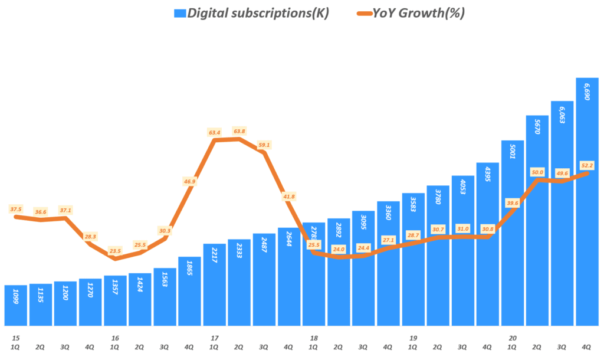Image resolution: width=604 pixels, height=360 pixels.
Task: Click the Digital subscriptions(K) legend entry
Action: click(253, 14)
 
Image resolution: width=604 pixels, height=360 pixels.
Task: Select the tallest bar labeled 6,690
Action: click(587, 201)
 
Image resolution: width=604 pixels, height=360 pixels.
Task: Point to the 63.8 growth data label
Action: click(239, 131)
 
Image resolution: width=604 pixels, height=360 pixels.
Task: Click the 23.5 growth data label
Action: click(116, 251)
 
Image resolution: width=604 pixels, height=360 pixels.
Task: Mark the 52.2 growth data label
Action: click(587, 165)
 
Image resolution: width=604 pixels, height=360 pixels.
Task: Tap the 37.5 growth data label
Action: click(16, 209)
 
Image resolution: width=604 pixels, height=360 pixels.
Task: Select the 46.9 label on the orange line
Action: click(190, 182)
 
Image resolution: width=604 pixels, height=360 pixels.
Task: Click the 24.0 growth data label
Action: click(338, 249)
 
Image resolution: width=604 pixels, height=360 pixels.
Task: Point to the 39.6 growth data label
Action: click(512, 203)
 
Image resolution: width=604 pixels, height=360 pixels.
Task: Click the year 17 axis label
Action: click(214, 338)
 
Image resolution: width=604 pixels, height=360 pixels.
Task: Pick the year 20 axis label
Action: click(513, 338)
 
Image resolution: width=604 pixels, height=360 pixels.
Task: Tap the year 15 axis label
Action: click(15, 338)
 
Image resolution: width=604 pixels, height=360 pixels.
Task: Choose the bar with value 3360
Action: click(388, 263)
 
